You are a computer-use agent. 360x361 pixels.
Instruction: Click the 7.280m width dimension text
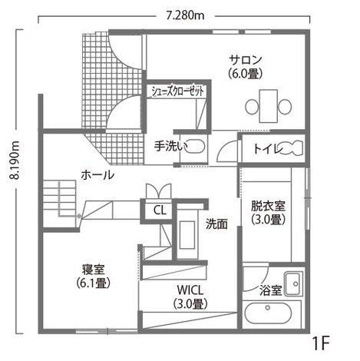(x=185, y=16)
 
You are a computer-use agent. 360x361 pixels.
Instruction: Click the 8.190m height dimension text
(x=14, y=160)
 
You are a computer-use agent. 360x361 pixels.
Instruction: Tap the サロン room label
(x=246, y=60)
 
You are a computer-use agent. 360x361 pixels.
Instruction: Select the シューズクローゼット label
(x=178, y=91)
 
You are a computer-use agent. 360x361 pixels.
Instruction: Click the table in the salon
(x=268, y=106)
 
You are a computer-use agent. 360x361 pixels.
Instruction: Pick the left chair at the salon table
(x=252, y=107)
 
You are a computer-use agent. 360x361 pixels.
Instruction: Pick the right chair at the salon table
(x=285, y=107)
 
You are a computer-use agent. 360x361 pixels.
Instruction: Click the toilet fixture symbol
(x=292, y=147)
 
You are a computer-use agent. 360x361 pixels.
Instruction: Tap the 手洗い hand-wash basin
(x=195, y=147)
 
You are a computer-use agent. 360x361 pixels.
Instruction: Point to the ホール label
(x=97, y=175)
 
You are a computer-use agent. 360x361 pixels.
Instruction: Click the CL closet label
(x=160, y=210)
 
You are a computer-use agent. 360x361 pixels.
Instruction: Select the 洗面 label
(x=216, y=224)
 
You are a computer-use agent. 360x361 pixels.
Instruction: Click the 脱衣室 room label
(x=268, y=206)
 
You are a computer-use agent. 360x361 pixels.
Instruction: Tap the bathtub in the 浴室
(x=268, y=314)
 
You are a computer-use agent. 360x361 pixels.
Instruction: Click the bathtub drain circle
(x=268, y=307)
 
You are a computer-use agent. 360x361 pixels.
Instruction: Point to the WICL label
(x=190, y=290)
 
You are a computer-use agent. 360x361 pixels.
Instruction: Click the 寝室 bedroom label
(x=93, y=270)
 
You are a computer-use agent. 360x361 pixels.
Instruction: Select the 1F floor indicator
(x=321, y=343)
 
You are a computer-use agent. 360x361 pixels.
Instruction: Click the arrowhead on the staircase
(x=80, y=217)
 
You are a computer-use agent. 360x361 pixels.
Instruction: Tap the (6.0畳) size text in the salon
(x=246, y=75)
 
